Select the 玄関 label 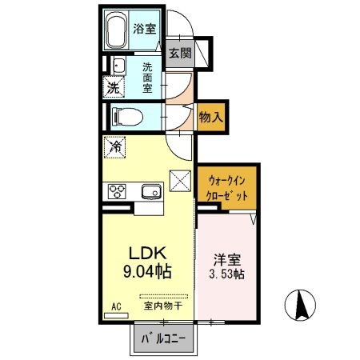tap(181, 54)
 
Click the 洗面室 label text tap(148, 76)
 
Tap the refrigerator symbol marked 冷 tap(114, 147)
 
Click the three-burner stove tap(118, 191)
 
